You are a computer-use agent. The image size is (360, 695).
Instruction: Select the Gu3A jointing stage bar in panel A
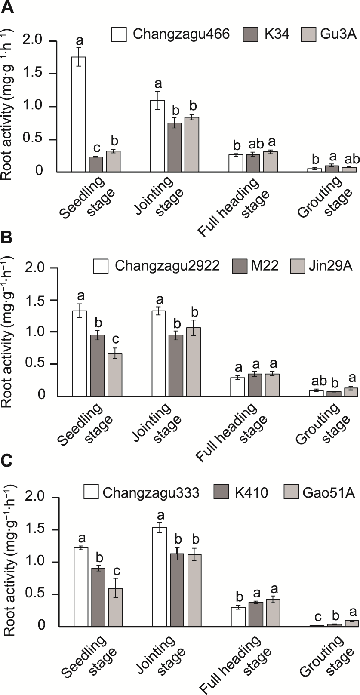pos(192,144)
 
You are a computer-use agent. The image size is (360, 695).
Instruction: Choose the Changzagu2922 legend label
pos(167,265)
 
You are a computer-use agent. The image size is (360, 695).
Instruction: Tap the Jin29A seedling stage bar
pos(114,374)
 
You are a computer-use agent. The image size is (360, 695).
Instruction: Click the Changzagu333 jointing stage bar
pos(160,577)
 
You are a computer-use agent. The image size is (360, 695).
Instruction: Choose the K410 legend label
pos(251,492)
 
